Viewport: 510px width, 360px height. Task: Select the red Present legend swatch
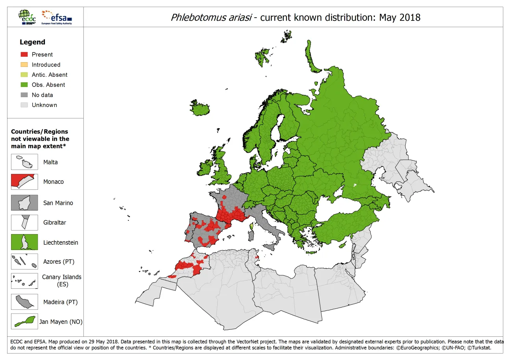point(24,54)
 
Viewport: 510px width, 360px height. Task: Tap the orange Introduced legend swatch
point(24,65)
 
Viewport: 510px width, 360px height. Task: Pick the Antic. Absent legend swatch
point(24,75)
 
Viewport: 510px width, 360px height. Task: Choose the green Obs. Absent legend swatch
point(24,85)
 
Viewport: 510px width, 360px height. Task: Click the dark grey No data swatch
point(24,95)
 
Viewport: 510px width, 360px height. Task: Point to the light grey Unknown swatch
point(24,105)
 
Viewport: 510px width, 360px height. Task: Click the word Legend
point(32,42)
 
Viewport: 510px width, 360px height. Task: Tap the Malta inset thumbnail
point(24,162)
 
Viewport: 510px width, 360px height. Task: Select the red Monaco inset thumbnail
point(24,182)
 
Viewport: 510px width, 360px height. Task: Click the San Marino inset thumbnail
point(24,203)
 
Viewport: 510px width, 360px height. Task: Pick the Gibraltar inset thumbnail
point(24,222)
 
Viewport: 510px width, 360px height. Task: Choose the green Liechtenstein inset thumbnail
point(24,242)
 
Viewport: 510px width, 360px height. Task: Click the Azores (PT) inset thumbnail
point(24,261)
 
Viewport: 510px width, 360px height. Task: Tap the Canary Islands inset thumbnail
point(24,281)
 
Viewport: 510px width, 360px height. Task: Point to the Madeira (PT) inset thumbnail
point(24,302)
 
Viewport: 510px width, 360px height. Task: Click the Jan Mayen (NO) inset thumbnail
point(24,321)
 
